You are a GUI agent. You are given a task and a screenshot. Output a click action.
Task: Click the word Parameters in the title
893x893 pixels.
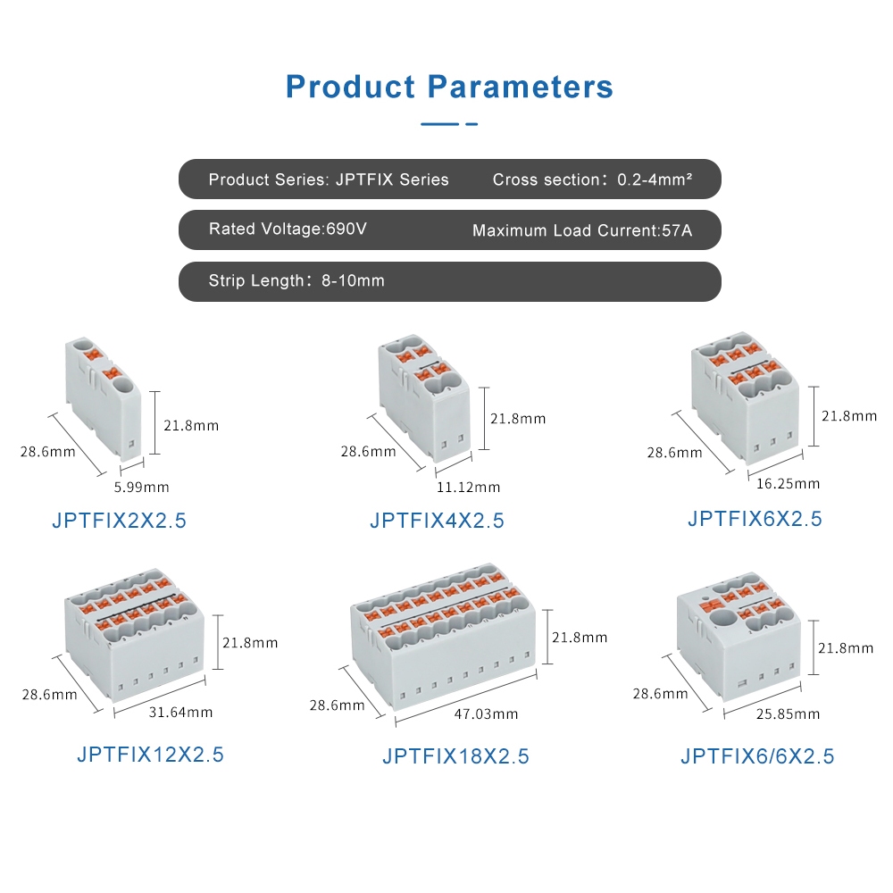(520, 88)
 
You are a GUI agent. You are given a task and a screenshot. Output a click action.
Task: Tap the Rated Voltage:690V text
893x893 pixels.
(288, 229)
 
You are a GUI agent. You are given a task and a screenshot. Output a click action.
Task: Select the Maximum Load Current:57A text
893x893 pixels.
(582, 230)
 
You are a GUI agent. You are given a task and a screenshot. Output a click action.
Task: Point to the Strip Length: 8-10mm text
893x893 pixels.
(296, 280)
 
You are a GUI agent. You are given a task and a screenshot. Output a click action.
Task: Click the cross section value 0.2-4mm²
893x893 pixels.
(655, 179)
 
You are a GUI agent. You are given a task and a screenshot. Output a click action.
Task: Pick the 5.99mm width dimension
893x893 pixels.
(142, 488)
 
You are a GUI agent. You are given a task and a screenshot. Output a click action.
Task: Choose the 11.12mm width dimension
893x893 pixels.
(468, 488)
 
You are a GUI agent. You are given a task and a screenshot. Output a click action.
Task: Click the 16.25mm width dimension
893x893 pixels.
(789, 484)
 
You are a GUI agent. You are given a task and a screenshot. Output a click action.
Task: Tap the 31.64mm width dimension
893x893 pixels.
(180, 713)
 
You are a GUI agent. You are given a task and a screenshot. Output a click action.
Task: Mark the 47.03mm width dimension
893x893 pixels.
(486, 714)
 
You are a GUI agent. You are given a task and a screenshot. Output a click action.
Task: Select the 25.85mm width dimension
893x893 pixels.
(788, 714)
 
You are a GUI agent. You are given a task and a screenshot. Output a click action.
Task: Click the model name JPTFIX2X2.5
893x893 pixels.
(119, 521)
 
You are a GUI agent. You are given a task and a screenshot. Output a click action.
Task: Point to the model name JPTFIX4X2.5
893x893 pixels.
(437, 521)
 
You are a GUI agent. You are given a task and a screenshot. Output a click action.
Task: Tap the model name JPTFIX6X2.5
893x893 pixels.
(755, 519)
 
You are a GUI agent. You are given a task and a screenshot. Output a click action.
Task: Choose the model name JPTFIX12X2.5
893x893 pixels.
(150, 755)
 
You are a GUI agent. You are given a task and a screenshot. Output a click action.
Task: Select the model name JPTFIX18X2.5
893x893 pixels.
(455, 756)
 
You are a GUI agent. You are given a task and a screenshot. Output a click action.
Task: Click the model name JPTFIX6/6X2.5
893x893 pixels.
(757, 756)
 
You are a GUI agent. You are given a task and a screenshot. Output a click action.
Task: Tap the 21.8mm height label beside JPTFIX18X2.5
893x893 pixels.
(580, 638)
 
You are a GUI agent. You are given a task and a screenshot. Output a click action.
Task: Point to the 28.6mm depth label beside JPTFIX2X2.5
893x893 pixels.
(48, 452)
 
